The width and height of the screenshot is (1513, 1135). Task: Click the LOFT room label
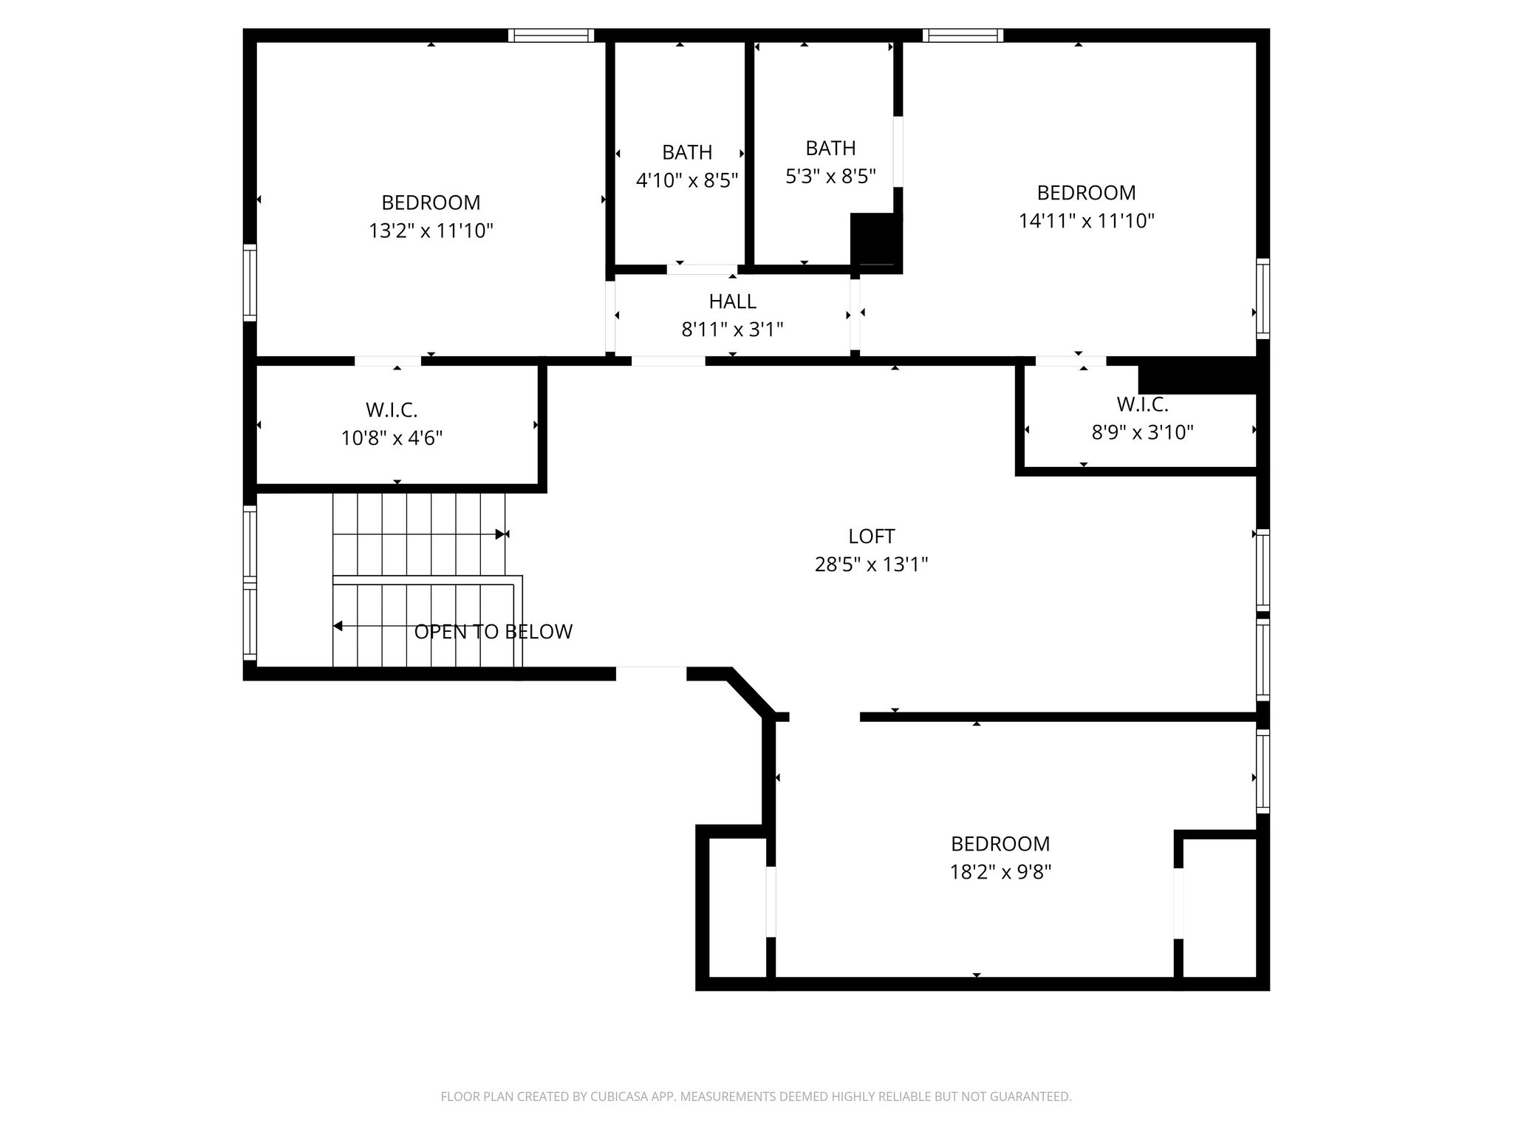[871, 536]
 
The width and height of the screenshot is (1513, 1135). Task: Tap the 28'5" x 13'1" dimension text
[871, 565]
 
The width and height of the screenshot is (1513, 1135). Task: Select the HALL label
[732, 301]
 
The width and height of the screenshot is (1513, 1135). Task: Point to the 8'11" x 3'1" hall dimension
[732, 330]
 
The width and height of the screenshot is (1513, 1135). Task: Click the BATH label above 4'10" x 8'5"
[687, 152]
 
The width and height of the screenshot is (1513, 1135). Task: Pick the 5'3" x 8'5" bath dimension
[830, 177]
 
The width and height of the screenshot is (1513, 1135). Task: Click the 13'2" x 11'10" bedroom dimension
[431, 231]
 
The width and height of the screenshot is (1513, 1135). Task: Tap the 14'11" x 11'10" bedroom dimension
[1086, 221]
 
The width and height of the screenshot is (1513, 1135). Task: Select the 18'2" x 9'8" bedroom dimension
[1000, 873]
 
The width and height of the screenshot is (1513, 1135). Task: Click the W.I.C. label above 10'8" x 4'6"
[392, 410]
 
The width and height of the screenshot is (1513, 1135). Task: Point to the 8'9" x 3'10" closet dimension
[1142, 432]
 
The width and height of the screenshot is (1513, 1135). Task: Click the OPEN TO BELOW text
[493, 632]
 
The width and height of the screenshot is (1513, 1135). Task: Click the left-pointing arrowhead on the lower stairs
[338, 627]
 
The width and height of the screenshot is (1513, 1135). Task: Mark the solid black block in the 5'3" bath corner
[876, 240]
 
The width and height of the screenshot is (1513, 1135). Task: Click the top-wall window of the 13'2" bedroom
[551, 35]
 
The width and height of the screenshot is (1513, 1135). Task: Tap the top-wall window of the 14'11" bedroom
[963, 35]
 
